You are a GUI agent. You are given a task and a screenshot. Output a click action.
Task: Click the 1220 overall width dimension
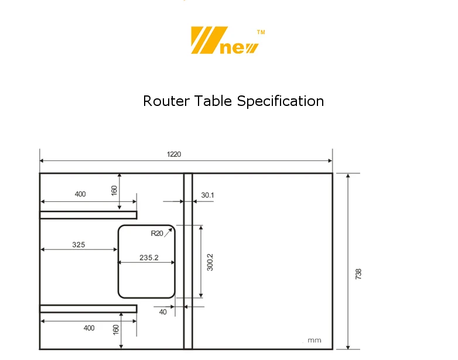(174, 155)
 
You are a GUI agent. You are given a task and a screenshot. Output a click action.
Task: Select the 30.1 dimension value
(207, 196)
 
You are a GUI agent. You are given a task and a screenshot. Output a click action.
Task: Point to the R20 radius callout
(157, 234)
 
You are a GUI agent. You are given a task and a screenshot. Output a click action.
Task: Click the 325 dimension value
(78, 245)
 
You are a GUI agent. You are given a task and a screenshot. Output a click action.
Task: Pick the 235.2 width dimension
(149, 257)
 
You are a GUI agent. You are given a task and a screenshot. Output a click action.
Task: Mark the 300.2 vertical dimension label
(210, 262)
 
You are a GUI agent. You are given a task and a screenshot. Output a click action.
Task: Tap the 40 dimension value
(163, 312)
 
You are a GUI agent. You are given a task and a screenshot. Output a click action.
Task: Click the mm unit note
(315, 341)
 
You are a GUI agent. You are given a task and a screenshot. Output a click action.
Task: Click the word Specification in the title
(281, 101)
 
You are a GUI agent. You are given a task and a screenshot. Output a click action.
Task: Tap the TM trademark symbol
(261, 33)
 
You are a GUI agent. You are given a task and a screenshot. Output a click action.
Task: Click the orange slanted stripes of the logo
(205, 40)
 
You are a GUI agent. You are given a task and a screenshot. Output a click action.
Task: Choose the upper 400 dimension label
(80, 194)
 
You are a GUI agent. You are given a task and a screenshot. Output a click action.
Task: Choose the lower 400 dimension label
(89, 328)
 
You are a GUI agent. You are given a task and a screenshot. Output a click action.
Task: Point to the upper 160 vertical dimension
(114, 191)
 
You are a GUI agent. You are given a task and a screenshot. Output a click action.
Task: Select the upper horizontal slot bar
(88, 215)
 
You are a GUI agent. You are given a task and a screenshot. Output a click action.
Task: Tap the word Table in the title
(214, 101)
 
